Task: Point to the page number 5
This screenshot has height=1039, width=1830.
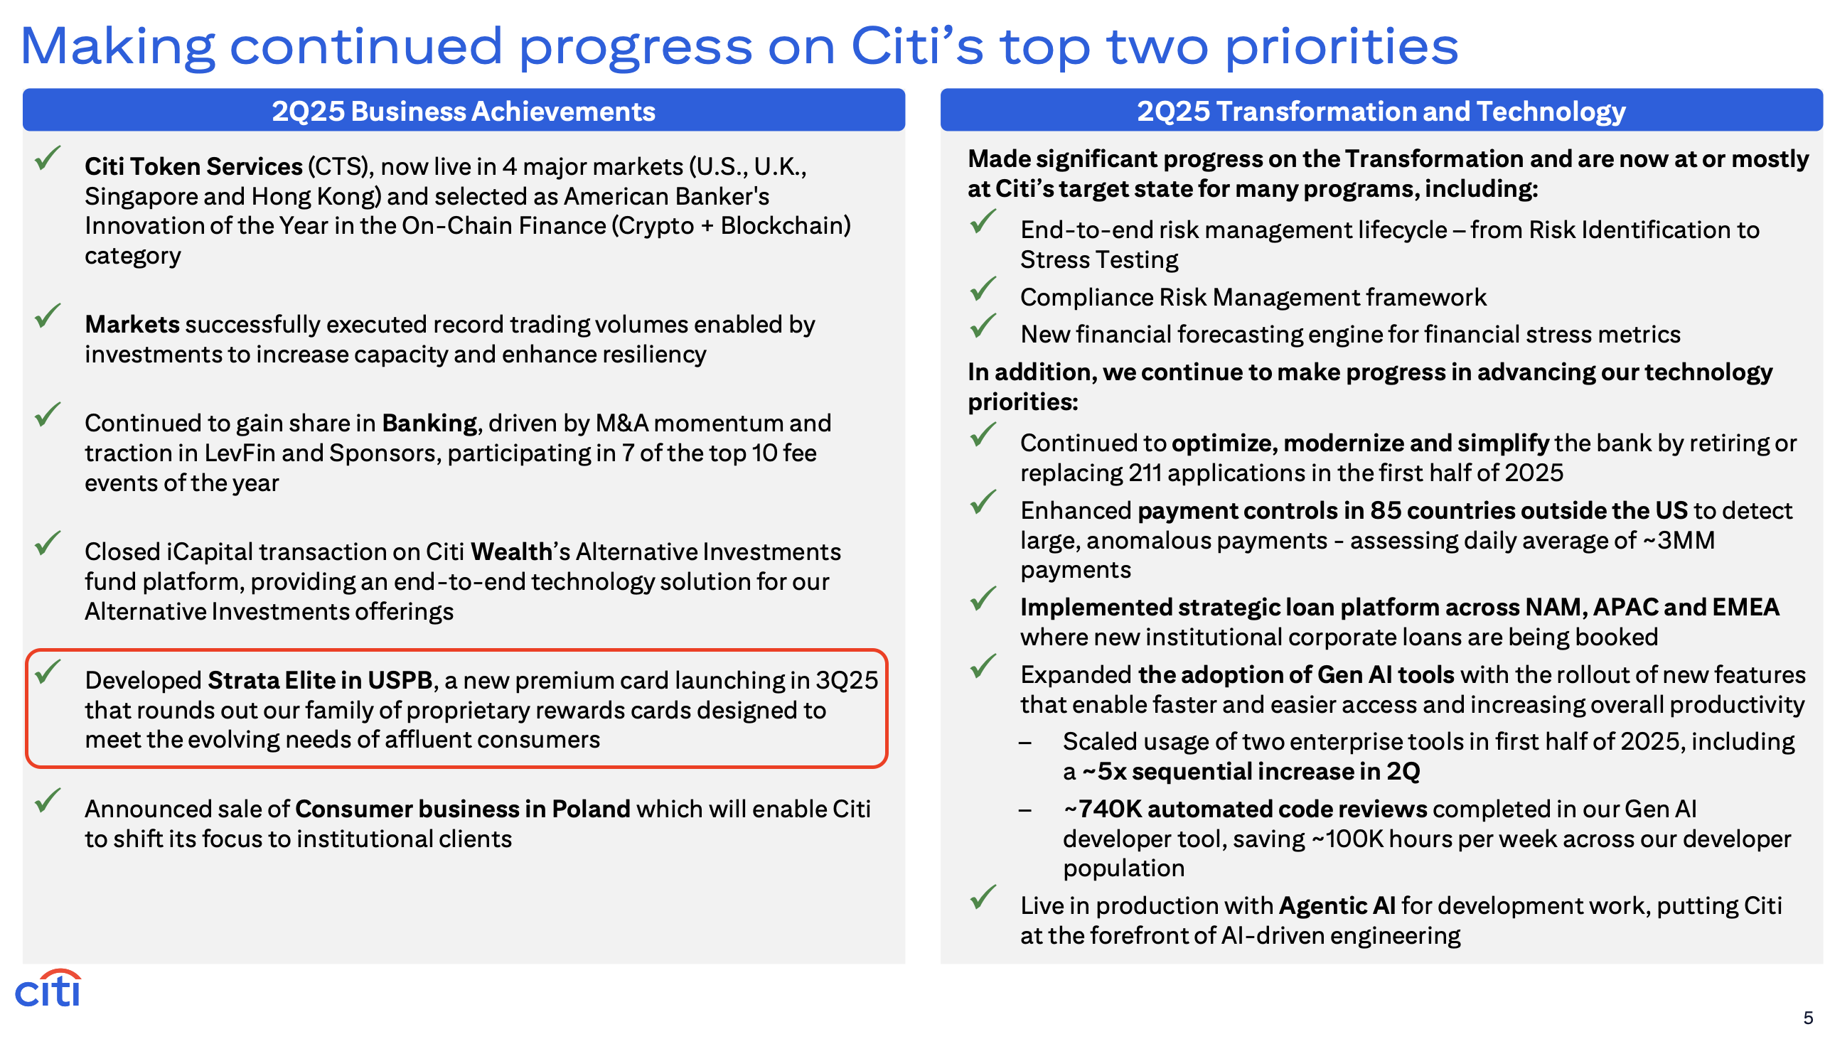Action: point(1808,1018)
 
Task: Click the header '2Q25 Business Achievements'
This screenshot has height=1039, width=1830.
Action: point(464,111)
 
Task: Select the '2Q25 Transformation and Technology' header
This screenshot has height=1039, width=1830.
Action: point(1381,111)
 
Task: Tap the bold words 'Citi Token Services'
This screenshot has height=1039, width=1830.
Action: point(193,166)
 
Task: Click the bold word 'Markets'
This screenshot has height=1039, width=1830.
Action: point(132,324)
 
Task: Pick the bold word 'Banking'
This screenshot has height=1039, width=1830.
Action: point(429,423)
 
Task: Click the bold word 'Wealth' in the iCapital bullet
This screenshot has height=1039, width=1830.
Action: point(511,551)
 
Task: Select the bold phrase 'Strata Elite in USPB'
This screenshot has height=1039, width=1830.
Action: point(320,680)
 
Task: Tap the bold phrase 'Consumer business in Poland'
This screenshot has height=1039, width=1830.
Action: point(463,809)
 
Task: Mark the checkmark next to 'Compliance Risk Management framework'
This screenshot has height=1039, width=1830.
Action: point(983,289)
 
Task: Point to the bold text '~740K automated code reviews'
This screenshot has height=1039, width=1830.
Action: point(1245,809)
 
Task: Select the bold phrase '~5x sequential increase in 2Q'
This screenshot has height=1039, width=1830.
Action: point(1251,770)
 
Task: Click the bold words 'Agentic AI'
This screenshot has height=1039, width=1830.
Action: point(1337,905)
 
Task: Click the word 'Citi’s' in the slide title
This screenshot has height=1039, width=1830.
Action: point(917,45)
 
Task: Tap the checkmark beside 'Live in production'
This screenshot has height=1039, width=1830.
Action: point(983,896)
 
